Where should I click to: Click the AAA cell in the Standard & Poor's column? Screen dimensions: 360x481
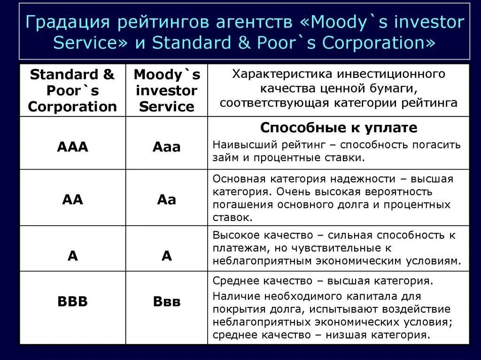click(72, 147)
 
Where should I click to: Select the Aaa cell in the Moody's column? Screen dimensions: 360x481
click(166, 147)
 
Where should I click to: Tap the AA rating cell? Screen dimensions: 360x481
click(72, 199)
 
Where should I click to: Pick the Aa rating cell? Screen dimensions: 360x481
click(166, 199)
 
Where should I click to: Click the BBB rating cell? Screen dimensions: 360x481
click(72, 301)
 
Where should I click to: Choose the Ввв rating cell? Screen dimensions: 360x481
click(166, 301)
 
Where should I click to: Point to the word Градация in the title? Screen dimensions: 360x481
click(66, 22)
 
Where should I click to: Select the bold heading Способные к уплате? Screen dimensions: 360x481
click(338, 128)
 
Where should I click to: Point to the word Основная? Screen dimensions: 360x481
click(240, 179)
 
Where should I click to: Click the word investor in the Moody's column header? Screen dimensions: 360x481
click(166, 90)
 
